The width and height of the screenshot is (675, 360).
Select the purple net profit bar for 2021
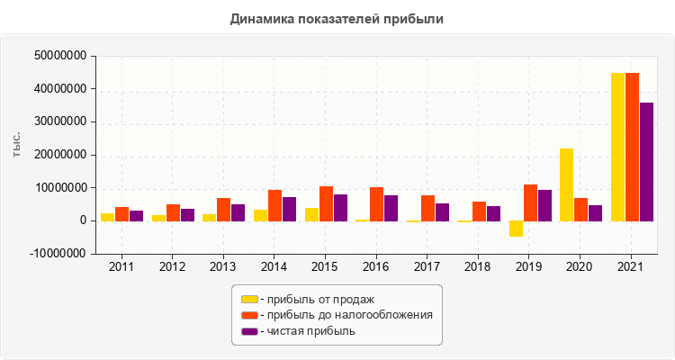point(646,162)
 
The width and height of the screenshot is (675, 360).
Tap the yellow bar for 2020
point(566,184)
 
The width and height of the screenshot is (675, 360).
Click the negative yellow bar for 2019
point(516,229)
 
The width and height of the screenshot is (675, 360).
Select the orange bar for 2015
point(326,203)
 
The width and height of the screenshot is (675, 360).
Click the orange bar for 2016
point(377,204)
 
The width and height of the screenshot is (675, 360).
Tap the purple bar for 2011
point(137,216)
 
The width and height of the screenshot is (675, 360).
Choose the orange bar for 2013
point(224,210)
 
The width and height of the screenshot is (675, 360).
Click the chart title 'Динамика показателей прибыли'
point(337,18)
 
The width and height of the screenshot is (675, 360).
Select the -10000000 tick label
point(58,254)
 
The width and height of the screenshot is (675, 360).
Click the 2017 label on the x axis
point(427,267)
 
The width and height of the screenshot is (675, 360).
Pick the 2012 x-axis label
point(173,267)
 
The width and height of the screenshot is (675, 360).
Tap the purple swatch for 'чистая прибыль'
point(249,331)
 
